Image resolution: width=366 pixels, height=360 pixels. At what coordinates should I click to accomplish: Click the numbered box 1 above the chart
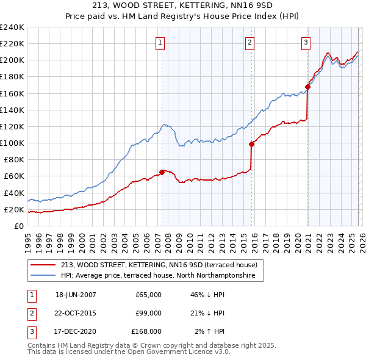(x=160, y=42)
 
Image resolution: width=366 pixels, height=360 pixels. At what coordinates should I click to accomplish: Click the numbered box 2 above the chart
(x=250, y=42)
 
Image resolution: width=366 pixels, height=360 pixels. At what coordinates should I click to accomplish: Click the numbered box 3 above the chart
(x=305, y=42)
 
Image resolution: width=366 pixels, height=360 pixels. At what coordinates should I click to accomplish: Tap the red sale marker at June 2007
(x=162, y=172)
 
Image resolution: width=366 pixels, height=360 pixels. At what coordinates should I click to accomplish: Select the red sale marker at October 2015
(x=251, y=144)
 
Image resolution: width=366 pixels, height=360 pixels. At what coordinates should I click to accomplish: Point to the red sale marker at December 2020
(x=308, y=87)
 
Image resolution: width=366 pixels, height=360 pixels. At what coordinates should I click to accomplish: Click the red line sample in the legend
(x=43, y=265)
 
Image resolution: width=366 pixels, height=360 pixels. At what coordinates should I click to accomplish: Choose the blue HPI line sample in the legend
(x=43, y=276)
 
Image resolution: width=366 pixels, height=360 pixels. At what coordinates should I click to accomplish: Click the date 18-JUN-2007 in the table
(x=76, y=295)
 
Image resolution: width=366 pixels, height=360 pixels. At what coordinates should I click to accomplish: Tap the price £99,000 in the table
(x=148, y=313)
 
